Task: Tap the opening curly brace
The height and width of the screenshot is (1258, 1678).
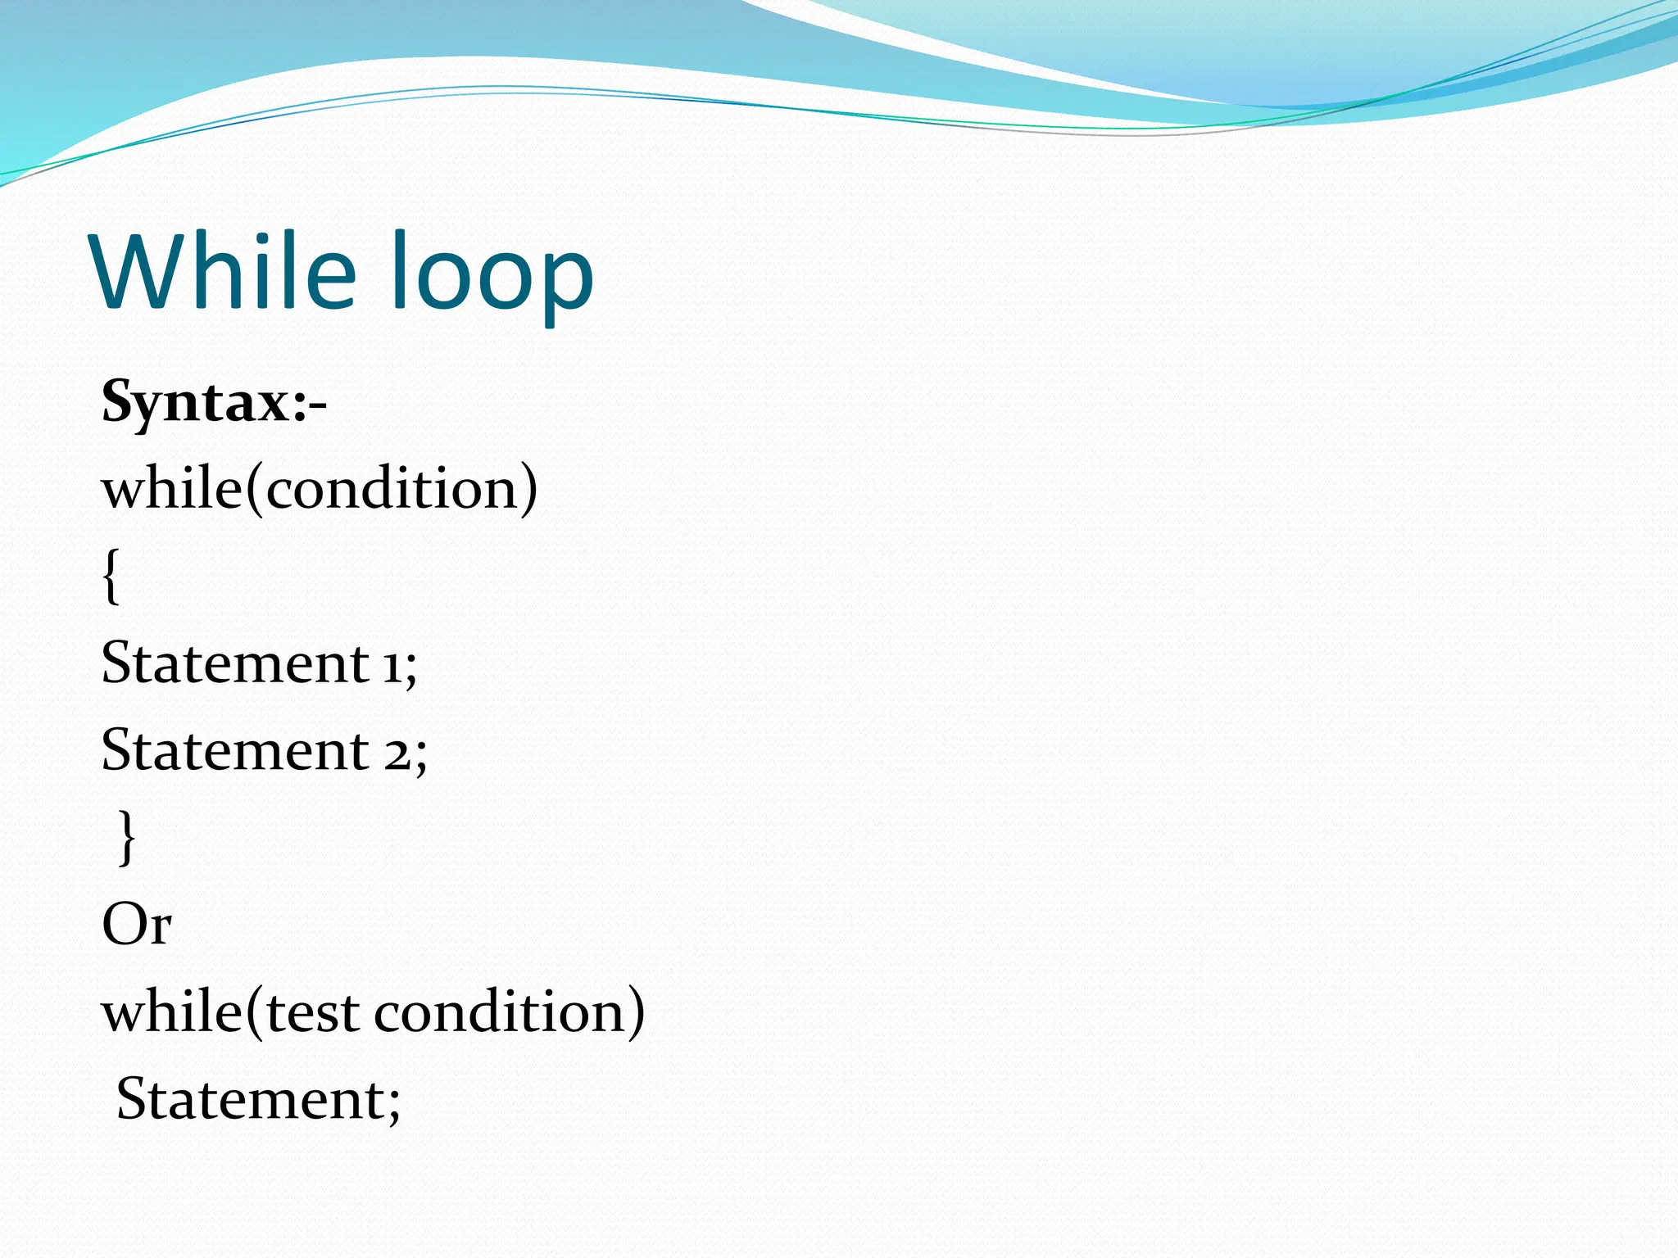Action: click(x=111, y=577)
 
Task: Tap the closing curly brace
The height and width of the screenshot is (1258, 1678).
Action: click(x=127, y=837)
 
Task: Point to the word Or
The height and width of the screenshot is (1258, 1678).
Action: click(x=136, y=925)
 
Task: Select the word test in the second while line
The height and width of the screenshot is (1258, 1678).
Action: click(x=313, y=1012)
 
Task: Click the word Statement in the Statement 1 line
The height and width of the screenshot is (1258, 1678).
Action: click(x=234, y=662)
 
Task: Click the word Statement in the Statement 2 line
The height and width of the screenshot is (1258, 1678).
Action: click(x=234, y=749)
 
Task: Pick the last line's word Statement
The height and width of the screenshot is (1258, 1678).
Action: click(x=249, y=1098)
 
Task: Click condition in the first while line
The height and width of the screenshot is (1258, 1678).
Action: click(x=391, y=488)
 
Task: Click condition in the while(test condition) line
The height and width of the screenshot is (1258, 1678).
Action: click(x=499, y=1012)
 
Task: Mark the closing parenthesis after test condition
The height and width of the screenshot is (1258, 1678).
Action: click(x=636, y=1013)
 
